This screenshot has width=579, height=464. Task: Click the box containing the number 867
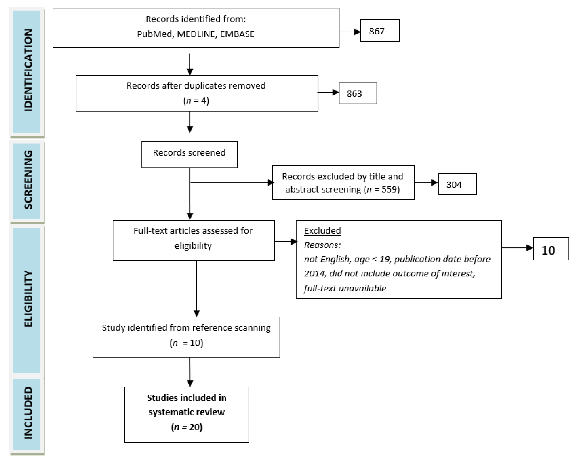[x=380, y=31]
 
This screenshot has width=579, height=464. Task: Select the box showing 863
[x=358, y=93]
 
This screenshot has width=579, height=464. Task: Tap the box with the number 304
[x=457, y=184]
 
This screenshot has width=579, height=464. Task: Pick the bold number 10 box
[x=551, y=249]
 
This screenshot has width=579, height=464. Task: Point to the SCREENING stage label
[x=28, y=180]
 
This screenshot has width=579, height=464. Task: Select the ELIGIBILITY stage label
[x=28, y=299]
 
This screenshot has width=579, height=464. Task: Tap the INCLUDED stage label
[x=28, y=413]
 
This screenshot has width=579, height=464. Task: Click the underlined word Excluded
[x=322, y=231]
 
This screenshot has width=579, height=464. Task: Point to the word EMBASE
[x=237, y=34]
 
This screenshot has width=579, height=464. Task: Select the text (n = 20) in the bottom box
[x=187, y=427]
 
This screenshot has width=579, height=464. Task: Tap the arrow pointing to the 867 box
[x=350, y=32]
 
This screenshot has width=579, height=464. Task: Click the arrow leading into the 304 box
[x=426, y=183]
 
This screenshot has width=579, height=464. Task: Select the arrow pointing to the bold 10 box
[x=517, y=248]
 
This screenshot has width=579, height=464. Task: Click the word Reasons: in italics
[x=322, y=245]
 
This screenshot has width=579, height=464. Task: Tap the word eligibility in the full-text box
[x=193, y=246]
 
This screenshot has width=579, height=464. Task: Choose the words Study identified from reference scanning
[x=186, y=328]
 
